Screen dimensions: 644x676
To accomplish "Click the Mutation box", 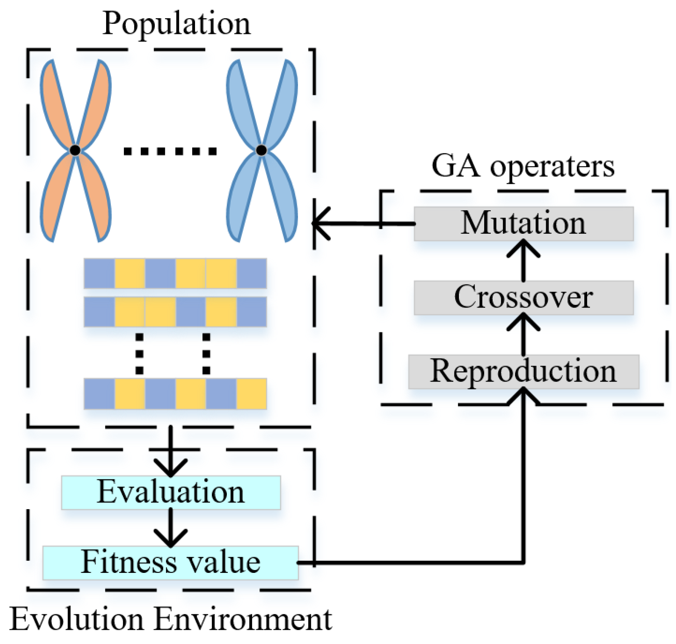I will click(523, 224).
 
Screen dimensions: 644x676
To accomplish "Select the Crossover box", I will click(523, 297).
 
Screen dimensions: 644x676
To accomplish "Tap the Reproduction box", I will click(523, 372).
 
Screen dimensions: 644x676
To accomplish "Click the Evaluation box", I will click(171, 492).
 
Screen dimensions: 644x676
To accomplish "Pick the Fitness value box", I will click(170, 563).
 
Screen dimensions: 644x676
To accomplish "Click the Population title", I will click(176, 24).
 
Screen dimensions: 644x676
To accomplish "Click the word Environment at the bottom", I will click(243, 620).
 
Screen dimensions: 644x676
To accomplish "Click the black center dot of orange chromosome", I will click(75, 150).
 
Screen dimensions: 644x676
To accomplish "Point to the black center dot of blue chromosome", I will click(261, 150).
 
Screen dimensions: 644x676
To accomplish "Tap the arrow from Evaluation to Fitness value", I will click(170, 527).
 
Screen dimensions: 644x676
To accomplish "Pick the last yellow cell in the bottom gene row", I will click(251, 394).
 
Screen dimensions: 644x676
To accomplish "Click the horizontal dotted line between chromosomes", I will click(170, 151).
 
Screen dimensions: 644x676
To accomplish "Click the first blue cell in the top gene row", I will click(99, 274).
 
